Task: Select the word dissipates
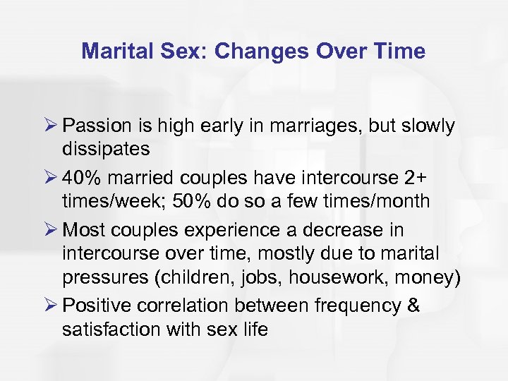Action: [x=106, y=150]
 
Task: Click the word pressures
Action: [x=103, y=278]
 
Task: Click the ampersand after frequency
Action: [x=413, y=306]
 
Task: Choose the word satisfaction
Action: [x=112, y=329]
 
